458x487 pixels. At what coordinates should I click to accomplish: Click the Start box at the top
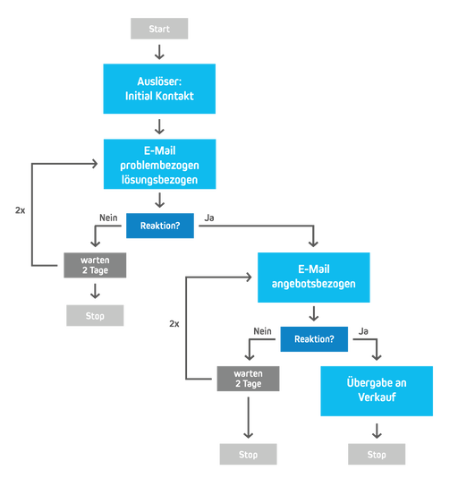click(x=159, y=29)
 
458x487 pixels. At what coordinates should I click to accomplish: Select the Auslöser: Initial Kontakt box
click(x=159, y=88)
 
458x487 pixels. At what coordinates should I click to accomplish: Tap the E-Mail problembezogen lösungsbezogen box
click(x=159, y=165)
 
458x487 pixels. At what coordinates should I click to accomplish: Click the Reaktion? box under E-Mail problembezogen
click(x=159, y=226)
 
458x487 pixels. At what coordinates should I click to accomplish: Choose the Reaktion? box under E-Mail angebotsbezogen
click(x=314, y=339)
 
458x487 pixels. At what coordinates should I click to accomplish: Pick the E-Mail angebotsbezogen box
click(x=314, y=277)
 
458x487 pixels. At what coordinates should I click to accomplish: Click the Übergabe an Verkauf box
click(x=377, y=390)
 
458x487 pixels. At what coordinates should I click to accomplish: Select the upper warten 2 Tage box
click(x=95, y=265)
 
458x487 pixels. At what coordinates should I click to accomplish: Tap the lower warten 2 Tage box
click(x=249, y=379)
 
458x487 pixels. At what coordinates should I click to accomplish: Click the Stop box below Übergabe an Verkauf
click(x=377, y=454)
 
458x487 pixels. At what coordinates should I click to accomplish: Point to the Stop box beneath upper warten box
click(x=95, y=315)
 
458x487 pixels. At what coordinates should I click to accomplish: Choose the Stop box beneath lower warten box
click(x=249, y=454)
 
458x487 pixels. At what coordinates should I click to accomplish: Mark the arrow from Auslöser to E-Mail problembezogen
click(x=159, y=127)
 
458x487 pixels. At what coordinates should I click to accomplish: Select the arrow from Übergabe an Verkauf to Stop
click(x=377, y=431)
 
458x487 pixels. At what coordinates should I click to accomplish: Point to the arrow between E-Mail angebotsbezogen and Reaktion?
click(x=314, y=314)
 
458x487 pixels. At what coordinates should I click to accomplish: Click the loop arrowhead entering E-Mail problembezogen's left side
click(x=93, y=165)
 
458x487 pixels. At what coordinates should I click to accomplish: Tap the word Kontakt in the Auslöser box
click(x=176, y=96)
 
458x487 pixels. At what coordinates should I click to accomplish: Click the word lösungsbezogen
click(x=159, y=180)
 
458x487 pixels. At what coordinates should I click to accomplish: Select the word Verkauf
click(x=377, y=398)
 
